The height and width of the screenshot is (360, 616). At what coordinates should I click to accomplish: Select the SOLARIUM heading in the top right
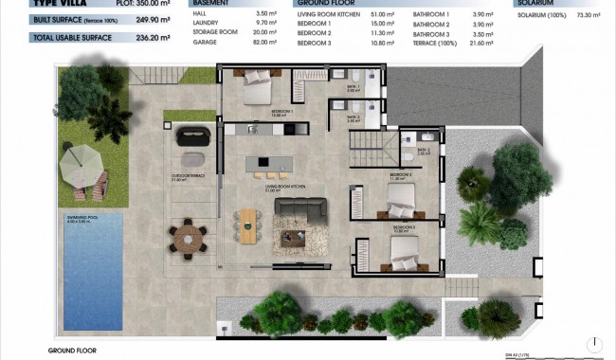pyautogui.click(x=536, y=3)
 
